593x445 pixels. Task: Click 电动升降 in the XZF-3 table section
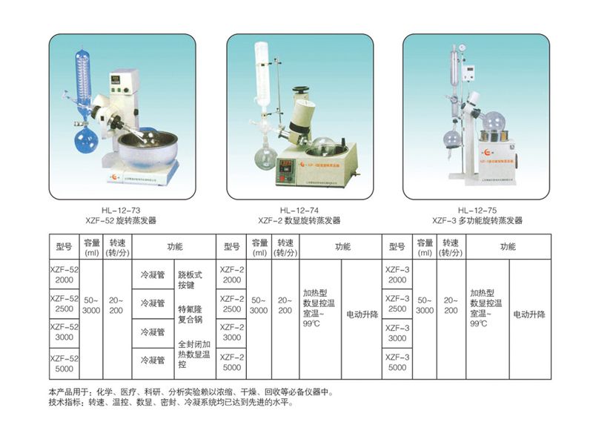(529, 314)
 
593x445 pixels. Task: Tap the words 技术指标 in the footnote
(67, 404)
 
